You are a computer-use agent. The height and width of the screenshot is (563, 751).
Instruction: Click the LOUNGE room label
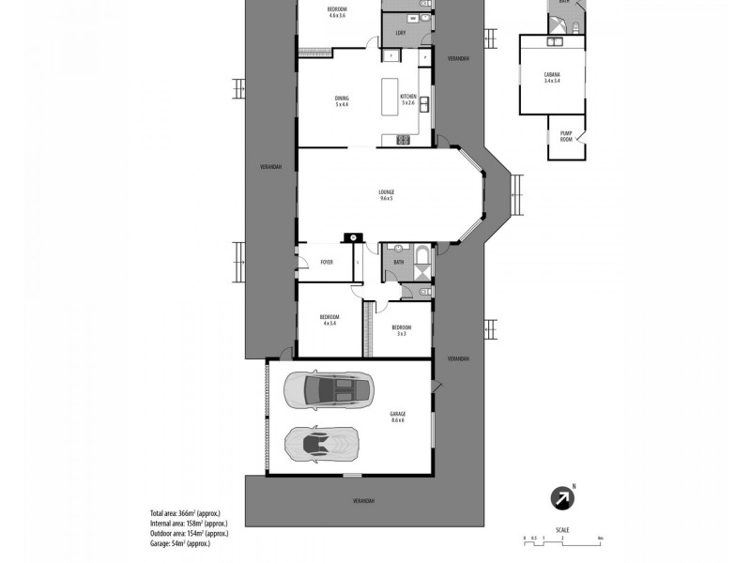[387, 194]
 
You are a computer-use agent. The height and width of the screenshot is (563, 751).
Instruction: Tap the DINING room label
[342, 100]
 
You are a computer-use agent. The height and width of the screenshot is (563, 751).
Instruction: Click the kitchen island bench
[390, 97]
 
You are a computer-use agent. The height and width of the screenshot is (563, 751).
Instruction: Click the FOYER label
[327, 262]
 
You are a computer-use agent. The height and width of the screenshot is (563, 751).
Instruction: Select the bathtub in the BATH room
[420, 260]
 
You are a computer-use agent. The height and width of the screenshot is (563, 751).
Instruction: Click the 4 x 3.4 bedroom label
[330, 320]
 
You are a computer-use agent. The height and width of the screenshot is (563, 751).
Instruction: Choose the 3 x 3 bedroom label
[401, 330]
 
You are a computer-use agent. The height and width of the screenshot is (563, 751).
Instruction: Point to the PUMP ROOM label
[566, 136]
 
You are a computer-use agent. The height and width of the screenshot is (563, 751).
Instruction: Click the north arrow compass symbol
[562, 497]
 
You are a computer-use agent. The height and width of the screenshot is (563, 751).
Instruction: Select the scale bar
[562, 540]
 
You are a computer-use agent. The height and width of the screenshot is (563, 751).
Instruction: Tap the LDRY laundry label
[400, 34]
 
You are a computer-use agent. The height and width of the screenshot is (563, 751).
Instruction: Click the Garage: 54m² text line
[179, 542]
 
